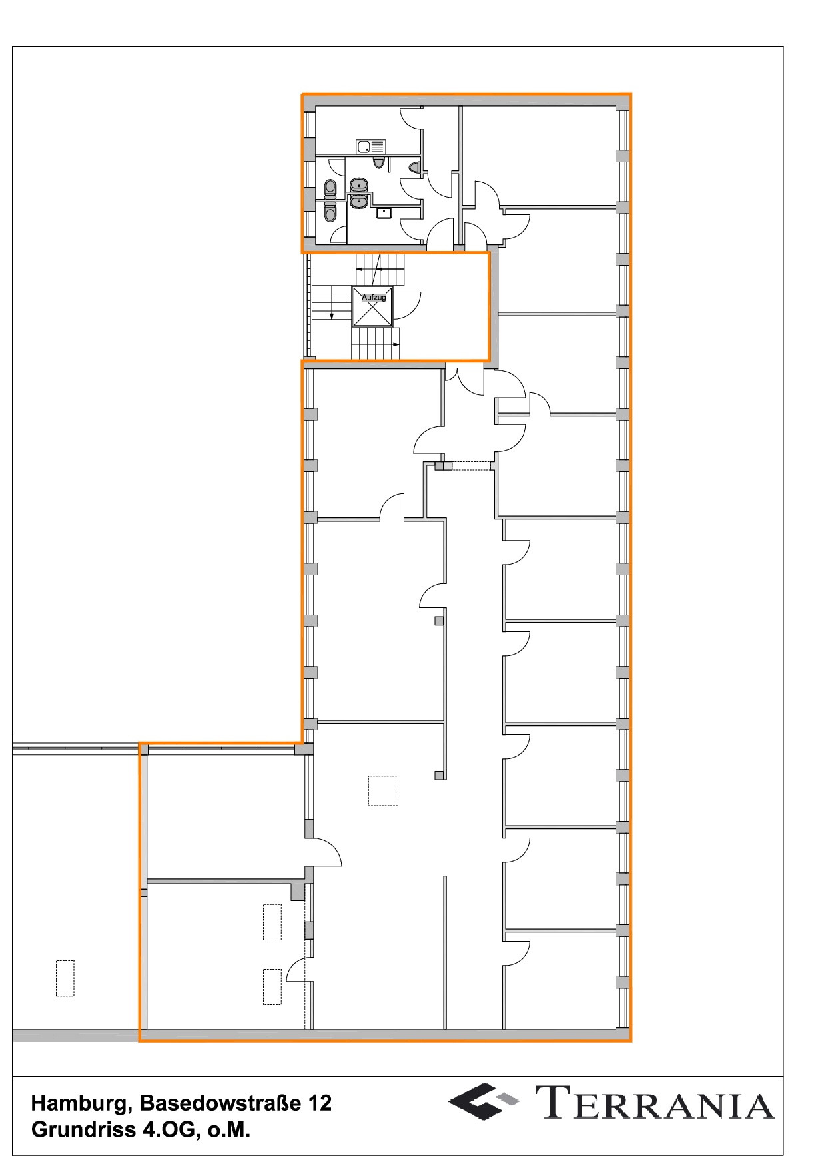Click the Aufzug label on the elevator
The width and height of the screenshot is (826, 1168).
click(x=374, y=298)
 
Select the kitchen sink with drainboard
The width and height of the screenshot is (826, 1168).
click(x=371, y=146)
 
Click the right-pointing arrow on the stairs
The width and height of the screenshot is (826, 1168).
click(x=393, y=344)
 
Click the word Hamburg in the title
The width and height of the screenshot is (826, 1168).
click(x=83, y=1104)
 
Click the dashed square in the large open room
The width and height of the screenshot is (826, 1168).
click(x=383, y=790)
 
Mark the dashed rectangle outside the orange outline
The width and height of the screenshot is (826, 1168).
click(x=65, y=978)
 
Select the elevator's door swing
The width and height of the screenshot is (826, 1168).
click(x=407, y=304)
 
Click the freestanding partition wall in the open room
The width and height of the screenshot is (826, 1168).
click(x=444, y=952)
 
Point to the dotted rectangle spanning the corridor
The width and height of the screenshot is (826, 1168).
click(x=472, y=466)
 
